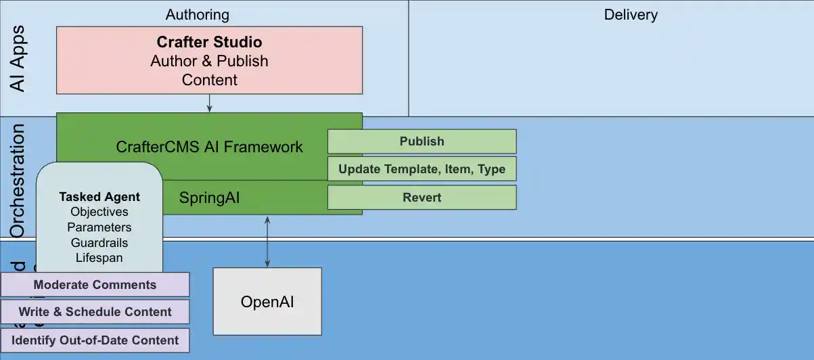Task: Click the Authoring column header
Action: [x=197, y=14]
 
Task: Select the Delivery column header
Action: [x=631, y=14]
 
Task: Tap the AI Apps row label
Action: [x=18, y=58]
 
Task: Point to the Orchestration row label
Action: [x=18, y=181]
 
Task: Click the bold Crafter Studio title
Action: [x=209, y=42]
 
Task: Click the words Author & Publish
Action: [x=209, y=61]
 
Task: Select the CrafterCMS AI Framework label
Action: [x=209, y=147]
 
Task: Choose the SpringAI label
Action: [x=209, y=198]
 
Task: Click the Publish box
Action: [x=422, y=141]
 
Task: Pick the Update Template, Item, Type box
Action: [x=422, y=168]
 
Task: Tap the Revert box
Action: [x=422, y=198]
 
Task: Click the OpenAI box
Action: [x=267, y=302]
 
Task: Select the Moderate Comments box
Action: [x=95, y=285]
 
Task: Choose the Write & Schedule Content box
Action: [x=95, y=312]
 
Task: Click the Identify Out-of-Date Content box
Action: [x=95, y=340]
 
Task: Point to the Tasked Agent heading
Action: [x=99, y=197]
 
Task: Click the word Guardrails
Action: [x=99, y=242]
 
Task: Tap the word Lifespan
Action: [x=99, y=258]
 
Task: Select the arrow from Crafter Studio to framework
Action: [x=209, y=103]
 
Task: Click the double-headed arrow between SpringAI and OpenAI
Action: [x=268, y=242]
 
